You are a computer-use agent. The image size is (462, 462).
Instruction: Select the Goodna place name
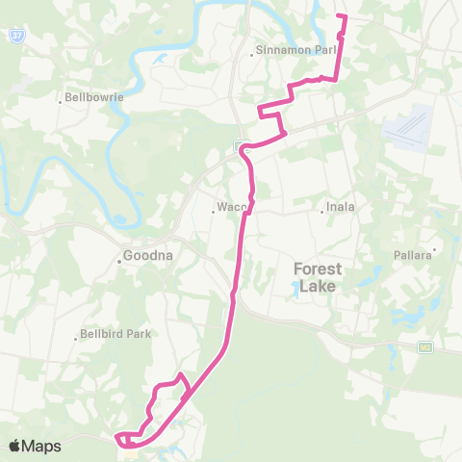pyautogui.click(x=147, y=258)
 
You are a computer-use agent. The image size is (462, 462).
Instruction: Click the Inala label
pyautogui.click(x=343, y=206)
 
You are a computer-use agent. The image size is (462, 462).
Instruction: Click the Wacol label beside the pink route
pyautogui.click(x=232, y=207)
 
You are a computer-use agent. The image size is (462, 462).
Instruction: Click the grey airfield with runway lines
pyautogui.click(x=408, y=129)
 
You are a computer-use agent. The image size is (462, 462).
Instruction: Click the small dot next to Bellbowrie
pyautogui.click(x=61, y=98)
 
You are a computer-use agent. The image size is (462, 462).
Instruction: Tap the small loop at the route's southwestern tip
pyautogui.click(x=123, y=440)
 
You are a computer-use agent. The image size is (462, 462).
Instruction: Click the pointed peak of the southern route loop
pyautogui.click(x=182, y=372)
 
